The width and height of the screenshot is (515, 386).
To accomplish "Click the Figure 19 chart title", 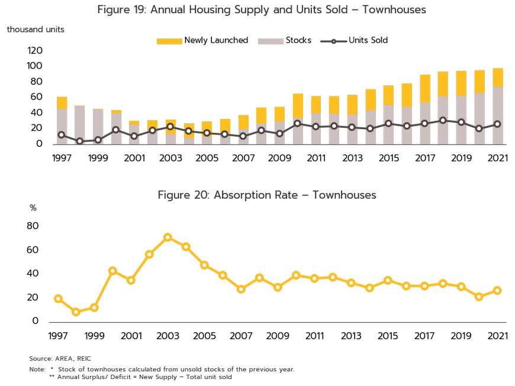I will click(x=262, y=9).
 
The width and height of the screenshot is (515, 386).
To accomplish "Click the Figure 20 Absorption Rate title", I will click(x=267, y=195).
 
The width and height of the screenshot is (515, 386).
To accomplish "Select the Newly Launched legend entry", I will click(x=202, y=41).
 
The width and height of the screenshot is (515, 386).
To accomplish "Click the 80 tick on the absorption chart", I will click(x=33, y=226).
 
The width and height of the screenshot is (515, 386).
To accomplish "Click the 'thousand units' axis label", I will click(x=36, y=29).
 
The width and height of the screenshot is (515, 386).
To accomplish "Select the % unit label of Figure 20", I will click(x=33, y=208).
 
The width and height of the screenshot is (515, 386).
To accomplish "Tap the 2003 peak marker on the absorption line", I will click(x=168, y=237).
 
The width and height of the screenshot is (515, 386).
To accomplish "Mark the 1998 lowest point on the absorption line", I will click(x=76, y=312).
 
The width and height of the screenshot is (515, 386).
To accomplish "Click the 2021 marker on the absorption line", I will click(x=498, y=290).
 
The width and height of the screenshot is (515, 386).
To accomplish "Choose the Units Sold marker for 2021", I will click(x=498, y=124).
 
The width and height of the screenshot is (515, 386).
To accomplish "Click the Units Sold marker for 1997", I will click(x=62, y=135).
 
